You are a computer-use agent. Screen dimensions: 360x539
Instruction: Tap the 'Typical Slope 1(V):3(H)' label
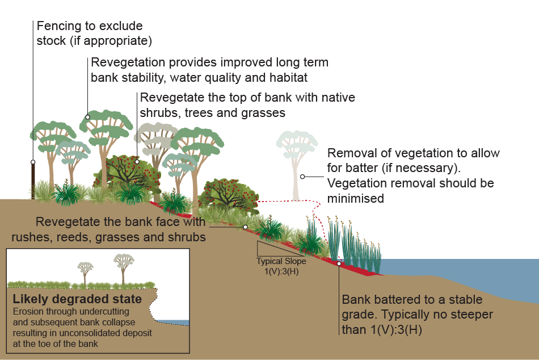pos(281,265)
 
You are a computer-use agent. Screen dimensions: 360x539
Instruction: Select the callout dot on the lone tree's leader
pos(303,177)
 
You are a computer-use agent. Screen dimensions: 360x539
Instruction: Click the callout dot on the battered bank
pos(339,263)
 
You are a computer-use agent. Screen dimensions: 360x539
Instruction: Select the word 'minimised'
pos(356,198)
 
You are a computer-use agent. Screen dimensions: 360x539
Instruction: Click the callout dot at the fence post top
pos(33,162)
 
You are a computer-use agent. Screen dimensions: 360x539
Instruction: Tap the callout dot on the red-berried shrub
pos(137,161)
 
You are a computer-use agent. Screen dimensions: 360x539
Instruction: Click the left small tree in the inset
pos(85,271)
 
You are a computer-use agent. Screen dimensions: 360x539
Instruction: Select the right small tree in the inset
pos(123,267)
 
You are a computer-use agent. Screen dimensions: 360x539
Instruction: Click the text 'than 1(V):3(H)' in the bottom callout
pos(384,330)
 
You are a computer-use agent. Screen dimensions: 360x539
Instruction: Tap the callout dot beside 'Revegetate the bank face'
pos(245,227)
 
